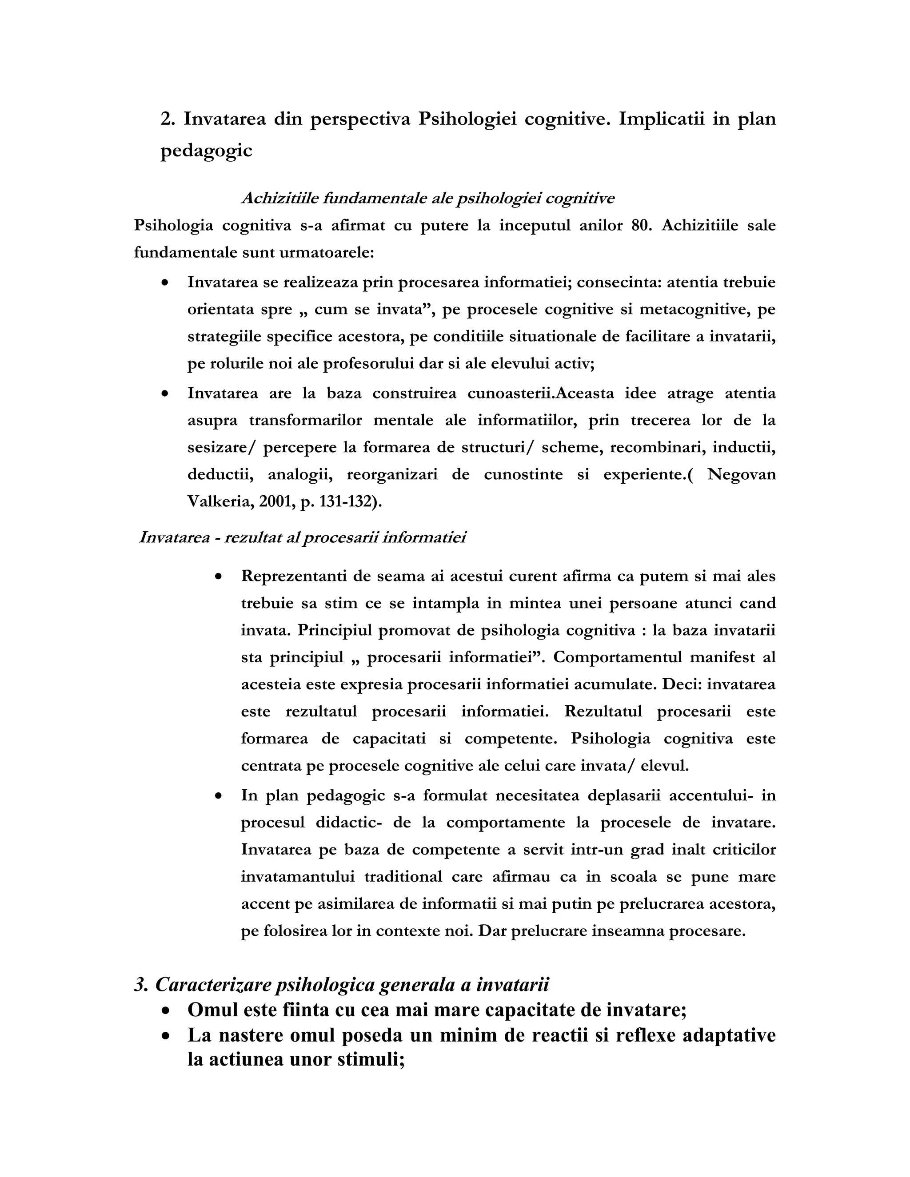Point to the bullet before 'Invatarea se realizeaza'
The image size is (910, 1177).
tap(165, 282)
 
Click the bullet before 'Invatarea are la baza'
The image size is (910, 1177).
tap(165, 394)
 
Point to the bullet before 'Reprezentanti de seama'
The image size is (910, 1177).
tap(218, 577)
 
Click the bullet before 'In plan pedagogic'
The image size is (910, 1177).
tap(218, 795)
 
